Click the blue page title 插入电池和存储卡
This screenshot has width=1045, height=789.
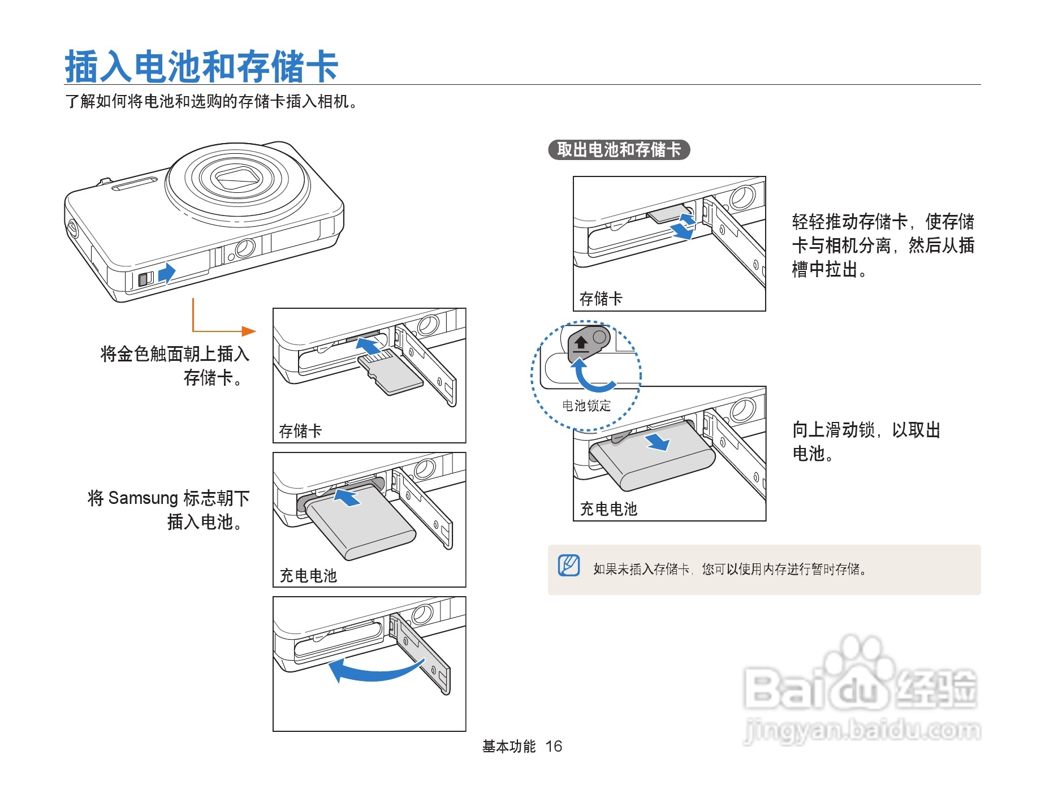[x=201, y=66]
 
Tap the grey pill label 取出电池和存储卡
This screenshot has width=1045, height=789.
[x=619, y=150]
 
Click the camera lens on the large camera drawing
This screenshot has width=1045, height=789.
[x=238, y=178]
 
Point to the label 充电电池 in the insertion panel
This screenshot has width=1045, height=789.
[x=308, y=575]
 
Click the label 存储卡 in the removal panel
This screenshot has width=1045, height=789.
[x=601, y=298]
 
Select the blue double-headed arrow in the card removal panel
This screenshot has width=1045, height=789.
[x=684, y=226]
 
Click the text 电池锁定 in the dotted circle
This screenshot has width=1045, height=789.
[x=586, y=406]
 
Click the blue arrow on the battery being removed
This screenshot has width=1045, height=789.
[x=658, y=441]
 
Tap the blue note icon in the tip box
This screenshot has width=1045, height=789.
[x=569, y=565]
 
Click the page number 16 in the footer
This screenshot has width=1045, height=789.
[x=554, y=747]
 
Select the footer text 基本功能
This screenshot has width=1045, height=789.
[x=508, y=747]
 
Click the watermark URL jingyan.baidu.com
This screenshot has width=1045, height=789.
[x=862, y=730]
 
